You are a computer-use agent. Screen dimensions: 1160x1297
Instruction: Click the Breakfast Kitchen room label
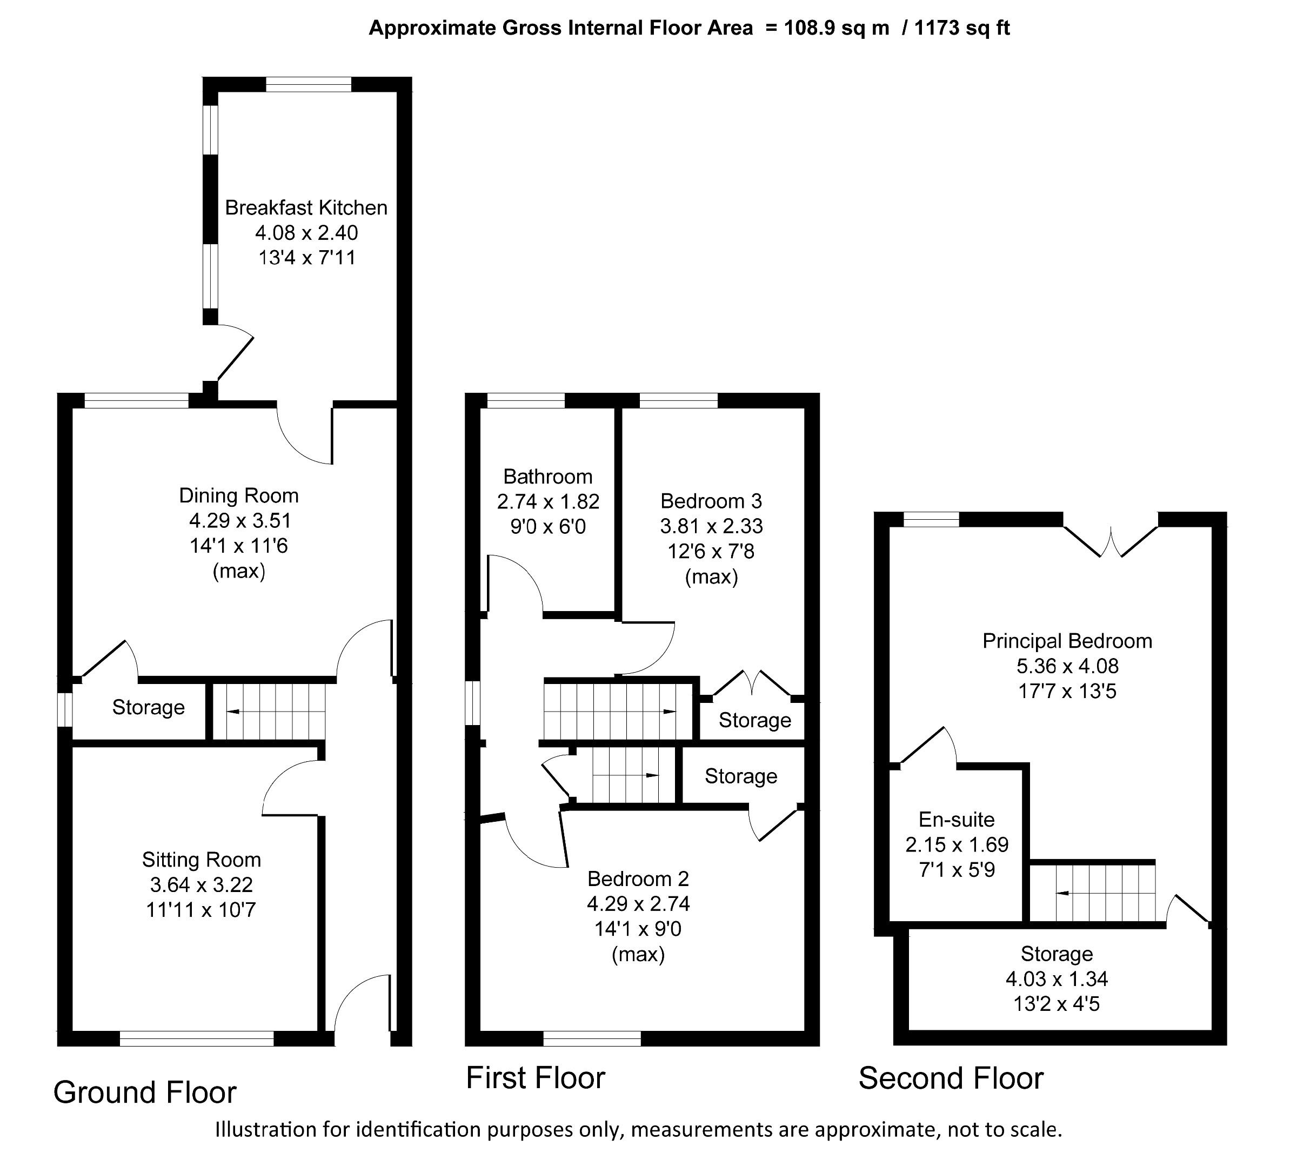tap(306, 208)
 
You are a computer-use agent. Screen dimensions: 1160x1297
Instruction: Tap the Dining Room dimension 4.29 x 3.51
tap(239, 521)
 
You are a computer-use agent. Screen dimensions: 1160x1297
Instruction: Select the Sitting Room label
tap(202, 860)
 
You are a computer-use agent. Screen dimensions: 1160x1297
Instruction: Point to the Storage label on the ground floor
tap(148, 707)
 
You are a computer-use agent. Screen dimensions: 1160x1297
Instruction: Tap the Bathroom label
tap(547, 477)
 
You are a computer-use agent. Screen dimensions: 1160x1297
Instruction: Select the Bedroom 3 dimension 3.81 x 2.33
tap(711, 526)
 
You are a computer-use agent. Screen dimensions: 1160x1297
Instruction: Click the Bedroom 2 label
tap(638, 879)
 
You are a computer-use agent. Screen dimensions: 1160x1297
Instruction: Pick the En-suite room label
tap(956, 820)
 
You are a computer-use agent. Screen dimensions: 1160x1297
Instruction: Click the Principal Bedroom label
tap(1067, 641)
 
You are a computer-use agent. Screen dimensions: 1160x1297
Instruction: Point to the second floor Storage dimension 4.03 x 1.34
tap(1057, 979)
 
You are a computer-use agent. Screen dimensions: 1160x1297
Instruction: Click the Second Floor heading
tap(950, 1078)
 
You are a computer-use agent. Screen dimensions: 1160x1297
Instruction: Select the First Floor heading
tap(536, 1078)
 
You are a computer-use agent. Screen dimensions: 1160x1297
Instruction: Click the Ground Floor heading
tap(145, 1092)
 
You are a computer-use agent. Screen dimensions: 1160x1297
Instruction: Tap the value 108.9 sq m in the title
tap(836, 28)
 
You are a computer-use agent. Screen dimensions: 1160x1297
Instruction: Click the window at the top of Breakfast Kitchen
tap(309, 84)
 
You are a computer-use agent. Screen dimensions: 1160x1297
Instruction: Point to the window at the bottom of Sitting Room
tap(196, 1039)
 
